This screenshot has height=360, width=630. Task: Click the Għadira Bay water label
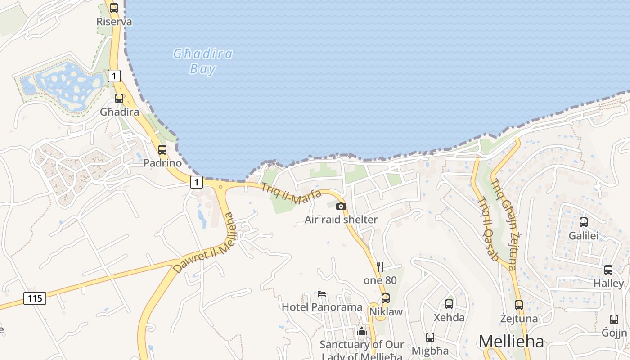pos(203,61)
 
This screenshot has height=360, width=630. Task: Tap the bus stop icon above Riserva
pos(114,8)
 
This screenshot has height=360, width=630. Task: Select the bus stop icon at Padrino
pos(162,150)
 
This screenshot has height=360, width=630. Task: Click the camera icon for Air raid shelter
pos(341,206)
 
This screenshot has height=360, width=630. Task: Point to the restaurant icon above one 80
pos(380,266)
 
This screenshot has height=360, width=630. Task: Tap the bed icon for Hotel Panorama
pos(322,294)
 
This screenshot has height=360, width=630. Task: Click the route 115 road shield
pos(35,298)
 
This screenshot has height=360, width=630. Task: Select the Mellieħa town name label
pos(511,341)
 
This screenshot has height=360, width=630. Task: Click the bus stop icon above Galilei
pos(584,222)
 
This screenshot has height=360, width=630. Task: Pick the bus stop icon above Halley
pos(608,270)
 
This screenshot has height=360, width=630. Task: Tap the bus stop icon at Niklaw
pos(386,298)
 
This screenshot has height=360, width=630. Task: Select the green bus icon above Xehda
pos(449,304)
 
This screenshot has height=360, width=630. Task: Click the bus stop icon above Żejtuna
pos(519,305)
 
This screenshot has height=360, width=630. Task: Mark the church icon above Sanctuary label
pos(362,331)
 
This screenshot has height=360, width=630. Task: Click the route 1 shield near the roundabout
pos(196,182)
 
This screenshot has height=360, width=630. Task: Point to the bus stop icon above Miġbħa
pos(430,337)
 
